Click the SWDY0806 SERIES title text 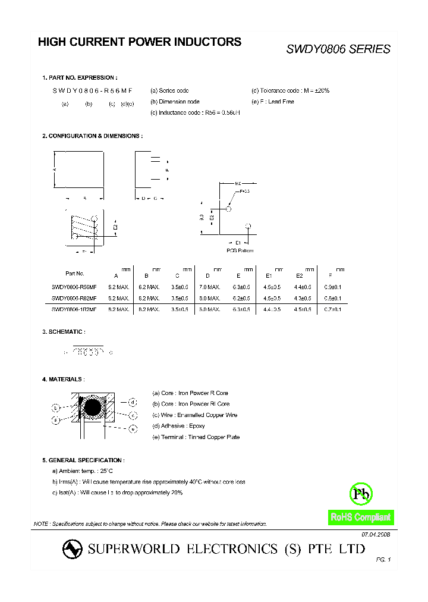point(338,49)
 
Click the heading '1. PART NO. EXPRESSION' point(80,78)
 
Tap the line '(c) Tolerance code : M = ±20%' point(290,90)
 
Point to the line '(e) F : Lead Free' point(273,102)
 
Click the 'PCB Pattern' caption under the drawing point(240,250)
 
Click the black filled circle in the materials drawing point(93,408)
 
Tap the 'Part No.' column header point(75,274)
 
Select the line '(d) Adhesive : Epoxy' point(178,426)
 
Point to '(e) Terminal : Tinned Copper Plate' point(196,437)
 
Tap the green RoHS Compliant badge point(361,518)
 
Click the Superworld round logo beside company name point(73,549)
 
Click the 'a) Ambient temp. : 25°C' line point(83,471)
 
